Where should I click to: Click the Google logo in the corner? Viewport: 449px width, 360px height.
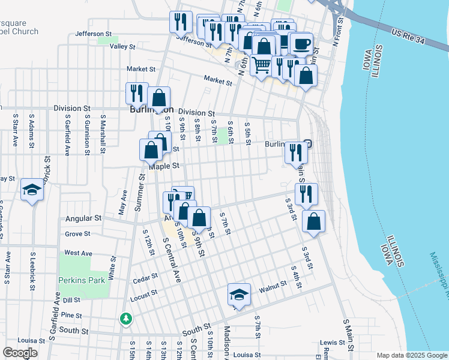[20, 353]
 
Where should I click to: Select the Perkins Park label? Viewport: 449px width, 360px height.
[82, 280]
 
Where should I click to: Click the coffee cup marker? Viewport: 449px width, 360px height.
[301, 44]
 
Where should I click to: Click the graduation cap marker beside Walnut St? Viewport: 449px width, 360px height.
[239, 295]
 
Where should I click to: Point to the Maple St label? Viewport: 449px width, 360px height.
[164, 166]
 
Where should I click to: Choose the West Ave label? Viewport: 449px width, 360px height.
[78, 253]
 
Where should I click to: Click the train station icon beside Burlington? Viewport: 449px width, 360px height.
[308, 143]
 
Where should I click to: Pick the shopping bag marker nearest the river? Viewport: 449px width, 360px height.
[313, 221]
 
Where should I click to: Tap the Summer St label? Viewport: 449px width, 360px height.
[141, 192]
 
